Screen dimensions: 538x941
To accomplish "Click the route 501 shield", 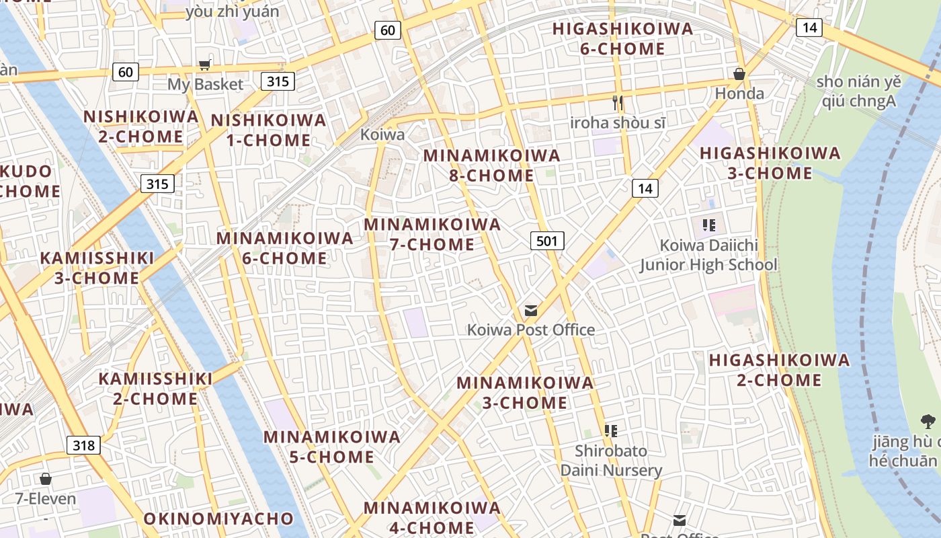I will tap(547, 240).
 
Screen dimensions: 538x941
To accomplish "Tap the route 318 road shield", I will tap(83, 445).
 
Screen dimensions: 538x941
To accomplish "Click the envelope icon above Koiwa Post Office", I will tap(531, 310).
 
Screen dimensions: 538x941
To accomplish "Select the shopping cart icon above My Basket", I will tap(204, 65).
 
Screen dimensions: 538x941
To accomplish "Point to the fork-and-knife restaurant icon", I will tap(618, 103).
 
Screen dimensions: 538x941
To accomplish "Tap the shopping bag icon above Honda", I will tap(739, 73).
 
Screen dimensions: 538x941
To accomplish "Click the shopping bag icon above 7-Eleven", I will tap(46, 479).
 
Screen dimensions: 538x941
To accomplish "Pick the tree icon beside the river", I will tap(928, 422).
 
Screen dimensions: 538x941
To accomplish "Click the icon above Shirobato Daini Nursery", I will tap(611, 430).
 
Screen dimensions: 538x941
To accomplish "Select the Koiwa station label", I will tap(382, 134).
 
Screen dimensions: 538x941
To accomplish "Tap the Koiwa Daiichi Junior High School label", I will tap(708, 255).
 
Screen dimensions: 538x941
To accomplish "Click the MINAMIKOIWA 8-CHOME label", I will tap(491, 165).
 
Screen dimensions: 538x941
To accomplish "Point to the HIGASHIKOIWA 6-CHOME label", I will tap(622, 38).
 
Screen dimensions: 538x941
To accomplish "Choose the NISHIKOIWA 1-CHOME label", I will tap(269, 130).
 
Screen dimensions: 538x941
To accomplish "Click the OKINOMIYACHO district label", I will tap(218, 518).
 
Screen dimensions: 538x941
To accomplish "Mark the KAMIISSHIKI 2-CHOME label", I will tap(155, 389).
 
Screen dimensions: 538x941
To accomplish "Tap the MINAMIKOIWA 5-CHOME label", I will tap(331, 447).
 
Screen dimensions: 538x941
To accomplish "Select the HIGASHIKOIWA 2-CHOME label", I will tap(779, 370).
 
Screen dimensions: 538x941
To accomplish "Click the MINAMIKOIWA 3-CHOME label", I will tap(525, 393).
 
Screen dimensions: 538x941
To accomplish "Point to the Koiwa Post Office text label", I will tap(531, 330).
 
